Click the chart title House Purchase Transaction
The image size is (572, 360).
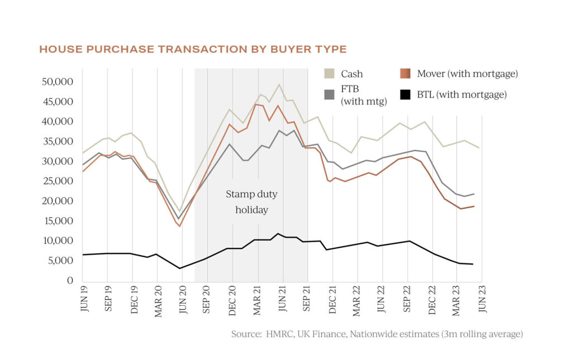point(193,50)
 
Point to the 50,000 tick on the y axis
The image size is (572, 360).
point(58,81)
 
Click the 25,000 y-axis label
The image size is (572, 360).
point(58,181)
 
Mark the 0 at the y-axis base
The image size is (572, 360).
point(70,280)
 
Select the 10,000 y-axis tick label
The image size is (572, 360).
point(58,241)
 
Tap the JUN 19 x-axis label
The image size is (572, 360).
point(84,302)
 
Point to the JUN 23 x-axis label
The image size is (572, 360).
point(482,302)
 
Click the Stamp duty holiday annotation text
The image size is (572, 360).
point(251,202)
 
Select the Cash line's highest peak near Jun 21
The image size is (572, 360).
point(279,84)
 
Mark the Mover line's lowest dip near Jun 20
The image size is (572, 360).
point(180,226)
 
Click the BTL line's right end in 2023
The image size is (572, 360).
point(473,264)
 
